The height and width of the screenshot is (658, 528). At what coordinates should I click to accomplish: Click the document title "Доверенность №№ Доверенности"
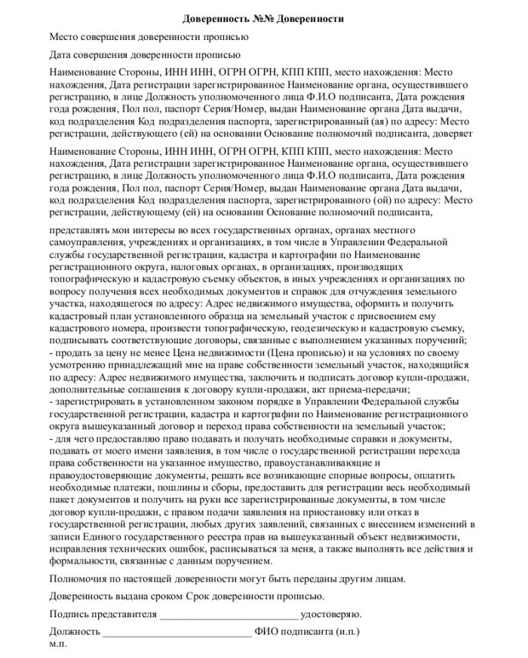pos(263,18)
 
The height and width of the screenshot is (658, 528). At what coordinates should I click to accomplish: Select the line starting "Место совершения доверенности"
pos(148,36)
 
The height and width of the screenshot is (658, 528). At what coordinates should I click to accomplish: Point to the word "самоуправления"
pos(84,244)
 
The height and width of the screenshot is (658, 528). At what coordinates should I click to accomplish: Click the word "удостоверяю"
pos(333,613)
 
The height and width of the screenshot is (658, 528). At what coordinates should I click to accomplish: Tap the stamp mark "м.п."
pos(58,644)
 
